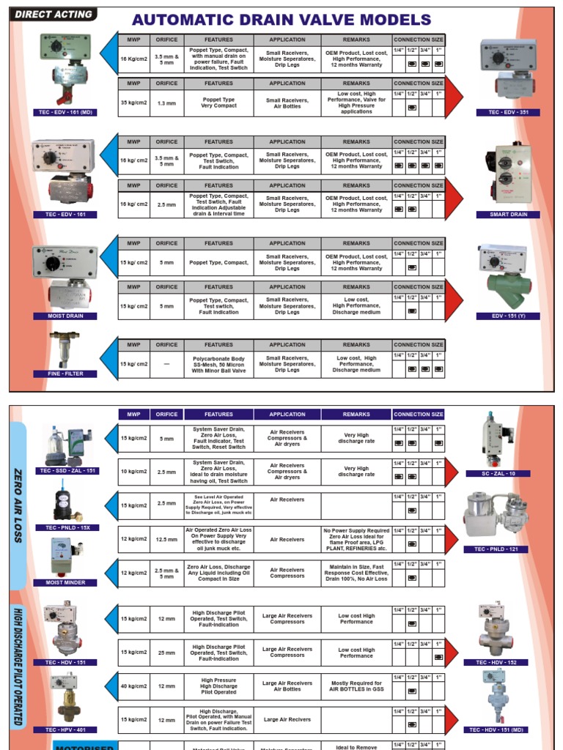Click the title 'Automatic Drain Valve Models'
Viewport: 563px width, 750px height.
tap(281, 20)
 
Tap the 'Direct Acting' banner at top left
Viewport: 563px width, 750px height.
tap(54, 14)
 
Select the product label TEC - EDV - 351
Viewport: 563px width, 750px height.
tap(508, 113)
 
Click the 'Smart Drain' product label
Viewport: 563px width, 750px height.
tap(508, 215)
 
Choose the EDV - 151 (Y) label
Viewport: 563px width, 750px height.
tap(508, 316)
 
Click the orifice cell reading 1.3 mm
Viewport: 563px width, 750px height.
tap(166, 103)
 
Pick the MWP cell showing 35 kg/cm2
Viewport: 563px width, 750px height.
tap(134, 103)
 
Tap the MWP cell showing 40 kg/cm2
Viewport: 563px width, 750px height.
tap(134, 686)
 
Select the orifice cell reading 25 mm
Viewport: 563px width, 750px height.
tap(166, 653)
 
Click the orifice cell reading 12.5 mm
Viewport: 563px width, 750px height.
tap(166, 540)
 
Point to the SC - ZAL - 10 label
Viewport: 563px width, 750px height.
tap(498, 474)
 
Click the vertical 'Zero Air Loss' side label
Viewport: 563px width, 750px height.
tap(18, 505)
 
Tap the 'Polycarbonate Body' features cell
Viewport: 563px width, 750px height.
tap(218, 364)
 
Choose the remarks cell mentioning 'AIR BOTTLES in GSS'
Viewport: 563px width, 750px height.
tap(356, 686)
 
